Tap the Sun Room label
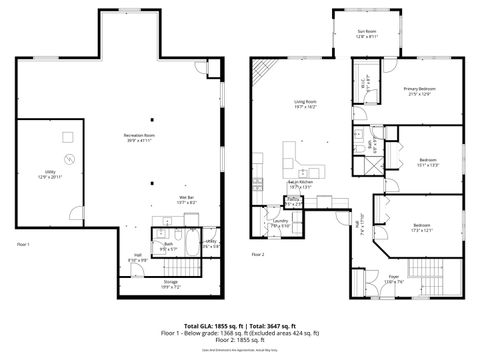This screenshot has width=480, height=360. (x=367, y=33)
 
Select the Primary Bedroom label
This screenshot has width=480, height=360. (x=417, y=91)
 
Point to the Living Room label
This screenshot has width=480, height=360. (x=305, y=104)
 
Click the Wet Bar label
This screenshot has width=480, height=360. (x=187, y=200)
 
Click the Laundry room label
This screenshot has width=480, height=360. (x=280, y=223)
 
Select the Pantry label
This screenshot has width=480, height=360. (x=294, y=203)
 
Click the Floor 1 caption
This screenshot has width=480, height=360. (x=24, y=244)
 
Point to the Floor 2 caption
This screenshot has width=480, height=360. (x=258, y=254)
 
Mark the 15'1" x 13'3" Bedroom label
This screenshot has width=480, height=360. (x=428, y=162)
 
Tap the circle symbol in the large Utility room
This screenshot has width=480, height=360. (x=68, y=160)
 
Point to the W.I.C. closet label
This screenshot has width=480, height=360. (x=365, y=82)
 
